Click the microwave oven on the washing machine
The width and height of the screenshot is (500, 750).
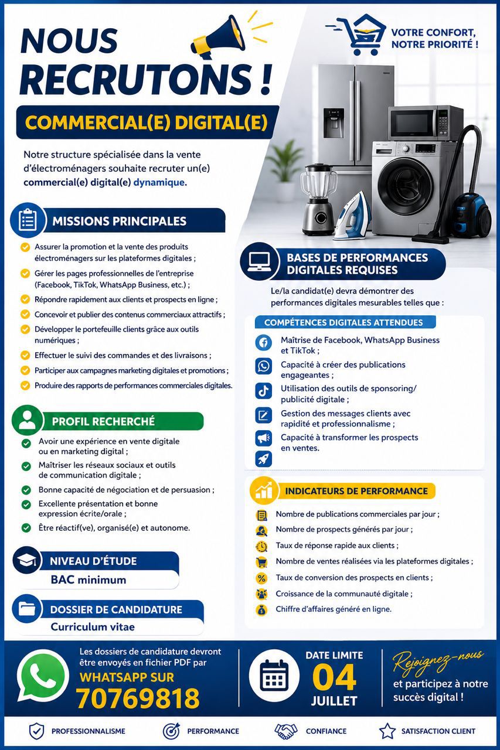point(426,123)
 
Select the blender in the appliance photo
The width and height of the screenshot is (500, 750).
point(318,200)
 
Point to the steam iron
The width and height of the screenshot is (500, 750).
point(352,216)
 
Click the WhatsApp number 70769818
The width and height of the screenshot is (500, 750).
point(138,698)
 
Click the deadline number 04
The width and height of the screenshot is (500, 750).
point(334,677)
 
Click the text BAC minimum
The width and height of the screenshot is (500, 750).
point(89,579)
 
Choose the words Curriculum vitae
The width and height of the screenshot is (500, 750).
point(93,626)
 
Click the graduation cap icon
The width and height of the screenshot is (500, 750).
point(27,561)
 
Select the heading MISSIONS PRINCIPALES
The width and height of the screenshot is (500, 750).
point(119,221)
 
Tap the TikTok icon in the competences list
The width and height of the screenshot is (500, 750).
point(263,390)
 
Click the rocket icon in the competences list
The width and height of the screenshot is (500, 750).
point(263,459)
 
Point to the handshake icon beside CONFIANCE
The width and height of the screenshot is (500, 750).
point(285,731)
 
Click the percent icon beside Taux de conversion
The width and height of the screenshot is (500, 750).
point(261,578)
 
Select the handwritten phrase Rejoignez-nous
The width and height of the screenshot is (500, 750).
point(437,660)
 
